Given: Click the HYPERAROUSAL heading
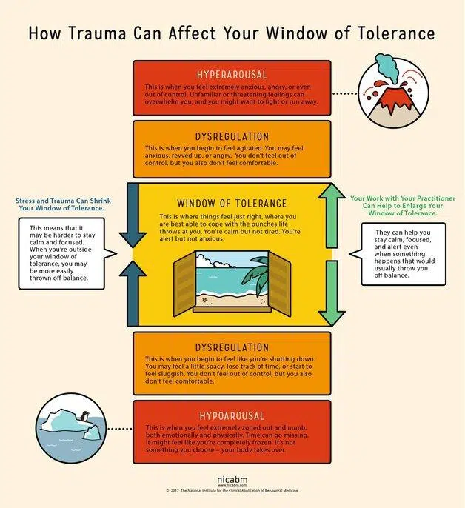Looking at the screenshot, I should [x=232, y=75].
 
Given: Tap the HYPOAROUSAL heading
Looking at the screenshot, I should [x=232, y=415].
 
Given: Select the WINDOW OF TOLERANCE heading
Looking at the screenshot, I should [x=232, y=203].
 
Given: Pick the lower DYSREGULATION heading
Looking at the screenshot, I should [x=232, y=347].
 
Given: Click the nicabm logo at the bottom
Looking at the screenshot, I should [x=232, y=481].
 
